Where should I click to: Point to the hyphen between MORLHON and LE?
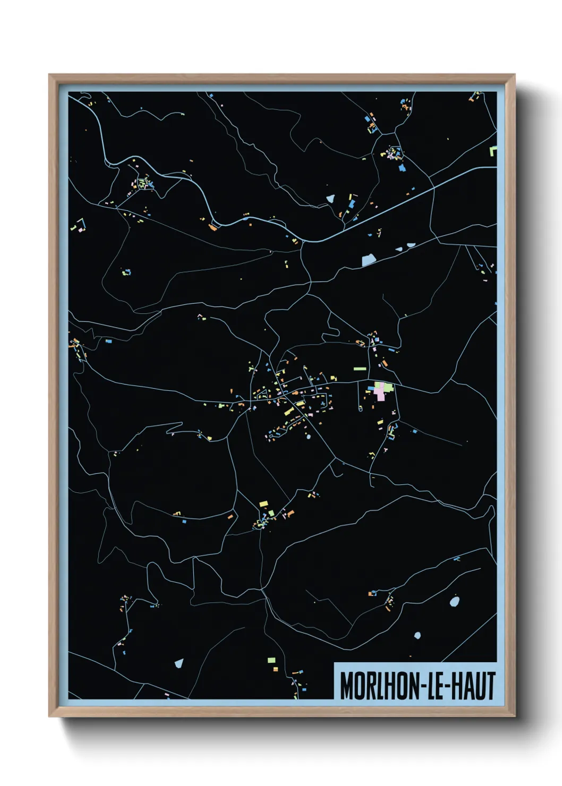click(423, 687)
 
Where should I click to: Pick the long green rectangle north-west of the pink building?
click(360, 369)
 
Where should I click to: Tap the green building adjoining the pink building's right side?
click(388, 388)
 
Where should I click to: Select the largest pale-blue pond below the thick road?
click(369, 260)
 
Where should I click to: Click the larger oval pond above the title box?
click(454, 602)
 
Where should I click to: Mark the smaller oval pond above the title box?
click(417, 635)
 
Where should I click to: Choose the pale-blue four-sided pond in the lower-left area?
click(179, 663)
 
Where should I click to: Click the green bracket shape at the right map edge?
click(493, 151)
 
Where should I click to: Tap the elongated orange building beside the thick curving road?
click(213, 228)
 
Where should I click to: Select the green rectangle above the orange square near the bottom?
click(271, 660)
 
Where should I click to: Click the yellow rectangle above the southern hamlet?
click(263, 503)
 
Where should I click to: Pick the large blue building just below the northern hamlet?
click(402, 167)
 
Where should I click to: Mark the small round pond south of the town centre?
click(307, 438)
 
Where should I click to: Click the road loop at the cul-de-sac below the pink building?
click(361, 408)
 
